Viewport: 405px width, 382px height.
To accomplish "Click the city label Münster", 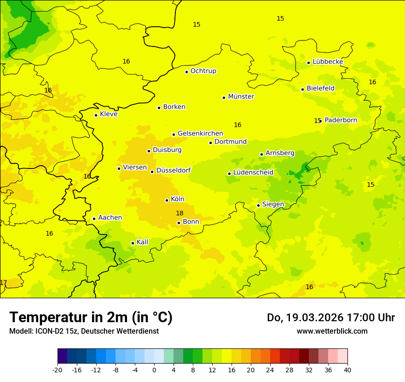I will click(x=241, y=97).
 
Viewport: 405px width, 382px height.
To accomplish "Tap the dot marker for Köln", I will click(x=167, y=200).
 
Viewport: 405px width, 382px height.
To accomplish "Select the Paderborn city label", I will click(x=341, y=120).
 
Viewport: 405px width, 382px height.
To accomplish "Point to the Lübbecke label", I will click(x=328, y=62).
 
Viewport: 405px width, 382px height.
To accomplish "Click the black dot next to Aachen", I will click(x=94, y=219).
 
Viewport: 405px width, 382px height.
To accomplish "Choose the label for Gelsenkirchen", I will click(x=200, y=133).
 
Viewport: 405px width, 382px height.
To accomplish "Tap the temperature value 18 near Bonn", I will click(x=179, y=213).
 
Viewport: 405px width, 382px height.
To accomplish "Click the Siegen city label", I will click(x=273, y=204).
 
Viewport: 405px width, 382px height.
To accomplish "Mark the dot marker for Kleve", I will click(x=96, y=115).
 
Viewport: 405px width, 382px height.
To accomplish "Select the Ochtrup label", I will click(x=203, y=71).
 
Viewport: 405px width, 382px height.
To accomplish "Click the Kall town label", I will click(x=142, y=242).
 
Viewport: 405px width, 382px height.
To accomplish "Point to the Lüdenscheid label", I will click(x=253, y=173).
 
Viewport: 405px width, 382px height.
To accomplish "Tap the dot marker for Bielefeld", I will click(x=302, y=89).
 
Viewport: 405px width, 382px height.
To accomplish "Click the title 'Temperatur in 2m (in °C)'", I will click(x=91, y=317).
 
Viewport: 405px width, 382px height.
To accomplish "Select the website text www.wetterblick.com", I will click(x=332, y=331).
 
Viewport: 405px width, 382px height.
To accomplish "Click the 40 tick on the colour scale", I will click(x=347, y=369).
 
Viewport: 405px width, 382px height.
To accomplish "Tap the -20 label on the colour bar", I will click(x=58, y=369).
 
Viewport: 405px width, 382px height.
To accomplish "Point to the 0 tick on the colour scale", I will click(x=154, y=369).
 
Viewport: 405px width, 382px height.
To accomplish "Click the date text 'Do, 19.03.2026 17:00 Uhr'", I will click(x=330, y=318).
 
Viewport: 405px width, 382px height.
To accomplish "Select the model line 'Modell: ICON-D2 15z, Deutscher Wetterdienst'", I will click(x=84, y=331).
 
